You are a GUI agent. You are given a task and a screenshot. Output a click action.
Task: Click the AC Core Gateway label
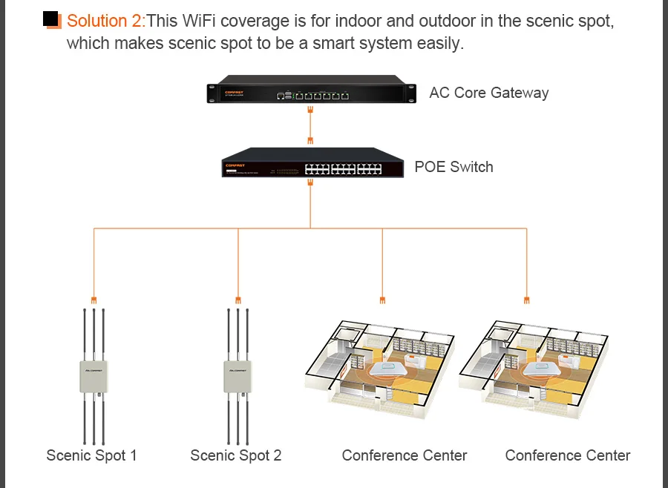[488, 93]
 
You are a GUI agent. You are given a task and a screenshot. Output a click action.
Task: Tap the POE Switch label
[453, 167]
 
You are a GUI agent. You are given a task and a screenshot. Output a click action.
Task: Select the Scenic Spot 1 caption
[91, 455]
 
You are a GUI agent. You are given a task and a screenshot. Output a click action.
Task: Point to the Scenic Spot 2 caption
[235, 455]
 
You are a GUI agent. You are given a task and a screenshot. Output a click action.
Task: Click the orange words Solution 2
[106, 21]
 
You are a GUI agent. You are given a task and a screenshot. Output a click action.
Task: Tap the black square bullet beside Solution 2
[50, 19]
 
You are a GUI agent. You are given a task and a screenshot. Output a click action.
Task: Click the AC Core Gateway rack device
[312, 90]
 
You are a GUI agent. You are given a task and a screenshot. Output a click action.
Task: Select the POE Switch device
[312, 162]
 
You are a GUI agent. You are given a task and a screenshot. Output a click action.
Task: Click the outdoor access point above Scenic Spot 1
[94, 377]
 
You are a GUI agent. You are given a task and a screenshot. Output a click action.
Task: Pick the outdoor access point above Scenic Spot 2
[238, 377]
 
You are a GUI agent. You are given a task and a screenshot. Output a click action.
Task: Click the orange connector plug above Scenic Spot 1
[94, 300]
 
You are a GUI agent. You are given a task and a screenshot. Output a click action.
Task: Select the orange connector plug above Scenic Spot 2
[238, 300]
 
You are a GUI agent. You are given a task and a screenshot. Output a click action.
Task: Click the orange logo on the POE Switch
[235, 165]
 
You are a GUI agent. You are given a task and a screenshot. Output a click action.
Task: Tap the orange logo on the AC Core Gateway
[235, 92]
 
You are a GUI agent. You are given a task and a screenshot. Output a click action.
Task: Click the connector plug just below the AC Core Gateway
[310, 110]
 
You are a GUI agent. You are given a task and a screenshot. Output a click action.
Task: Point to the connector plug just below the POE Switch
[310, 182]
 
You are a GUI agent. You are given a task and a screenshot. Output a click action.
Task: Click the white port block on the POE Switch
[344, 169]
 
